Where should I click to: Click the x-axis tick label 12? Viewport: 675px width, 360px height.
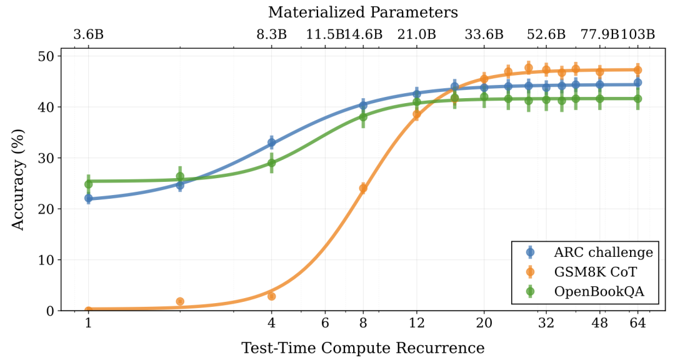(417, 323)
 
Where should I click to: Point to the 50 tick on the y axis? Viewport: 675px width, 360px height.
(45, 56)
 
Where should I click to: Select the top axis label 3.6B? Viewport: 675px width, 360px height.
(88, 34)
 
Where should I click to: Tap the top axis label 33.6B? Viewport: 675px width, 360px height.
(484, 34)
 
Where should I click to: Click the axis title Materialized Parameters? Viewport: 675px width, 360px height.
(363, 12)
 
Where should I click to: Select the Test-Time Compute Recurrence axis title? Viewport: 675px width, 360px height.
(363, 348)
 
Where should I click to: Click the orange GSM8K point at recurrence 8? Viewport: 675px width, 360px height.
(363, 188)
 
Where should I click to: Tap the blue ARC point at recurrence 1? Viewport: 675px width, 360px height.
(88, 198)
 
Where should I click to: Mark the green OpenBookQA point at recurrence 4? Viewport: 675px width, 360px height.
(271, 163)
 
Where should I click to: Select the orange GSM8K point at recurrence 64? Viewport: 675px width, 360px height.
(637, 70)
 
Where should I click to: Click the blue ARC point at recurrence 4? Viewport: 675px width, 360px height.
(271, 143)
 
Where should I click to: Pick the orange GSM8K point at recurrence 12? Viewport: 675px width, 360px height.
(417, 114)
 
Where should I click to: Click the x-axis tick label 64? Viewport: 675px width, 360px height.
(637, 323)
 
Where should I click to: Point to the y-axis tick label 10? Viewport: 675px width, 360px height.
(45, 260)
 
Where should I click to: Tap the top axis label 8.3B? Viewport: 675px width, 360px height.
(271, 34)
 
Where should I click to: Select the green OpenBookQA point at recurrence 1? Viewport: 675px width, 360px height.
(88, 184)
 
